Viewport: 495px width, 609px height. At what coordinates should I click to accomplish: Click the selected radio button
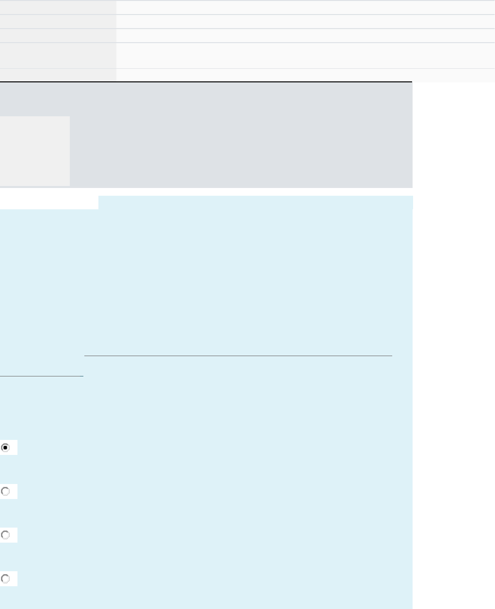(5, 448)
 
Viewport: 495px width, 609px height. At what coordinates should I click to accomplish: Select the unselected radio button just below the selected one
(5, 491)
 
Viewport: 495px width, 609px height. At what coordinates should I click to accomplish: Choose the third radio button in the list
(5, 535)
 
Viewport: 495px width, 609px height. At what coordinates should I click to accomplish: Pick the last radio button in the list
(5, 578)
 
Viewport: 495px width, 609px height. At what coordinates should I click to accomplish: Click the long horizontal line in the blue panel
(238, 356)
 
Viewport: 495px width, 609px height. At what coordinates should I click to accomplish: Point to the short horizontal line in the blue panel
(42, 375)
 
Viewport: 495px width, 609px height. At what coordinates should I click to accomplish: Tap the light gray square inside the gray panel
(35, 151)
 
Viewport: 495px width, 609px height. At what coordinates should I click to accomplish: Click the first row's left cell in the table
(58, 7)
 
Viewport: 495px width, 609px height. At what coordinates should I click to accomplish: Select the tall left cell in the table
(58, 56)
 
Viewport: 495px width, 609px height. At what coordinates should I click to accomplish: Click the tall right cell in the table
(305, 56)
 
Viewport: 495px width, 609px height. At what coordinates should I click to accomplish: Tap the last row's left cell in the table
(58, 75)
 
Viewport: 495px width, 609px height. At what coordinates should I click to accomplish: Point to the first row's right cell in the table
(305, 7)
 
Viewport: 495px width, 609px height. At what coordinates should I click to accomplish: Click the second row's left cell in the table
(58, 21)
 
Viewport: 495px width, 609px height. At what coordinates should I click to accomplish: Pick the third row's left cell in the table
(58, 35)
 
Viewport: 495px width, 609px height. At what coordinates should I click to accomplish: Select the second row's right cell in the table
(305, 21)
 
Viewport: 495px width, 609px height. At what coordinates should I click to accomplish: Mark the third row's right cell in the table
(305, 35)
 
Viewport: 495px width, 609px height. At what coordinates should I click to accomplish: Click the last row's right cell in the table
(305, 75)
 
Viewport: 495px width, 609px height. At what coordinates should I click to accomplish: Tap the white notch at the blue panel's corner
(49, 203)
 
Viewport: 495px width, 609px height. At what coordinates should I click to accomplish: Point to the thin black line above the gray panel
(206, 82)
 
